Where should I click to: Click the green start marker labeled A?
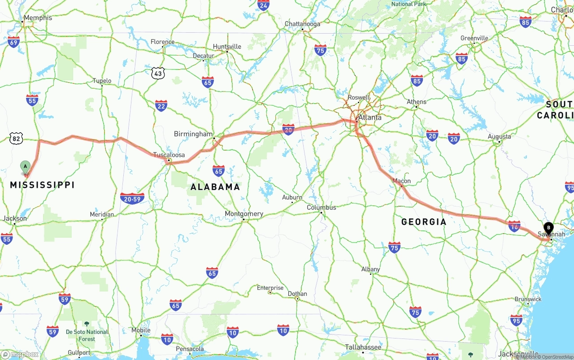(26, 167)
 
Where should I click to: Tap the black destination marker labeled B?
(548, 228)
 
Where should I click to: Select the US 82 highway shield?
(16, 139)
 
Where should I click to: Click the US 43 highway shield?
(158, 73)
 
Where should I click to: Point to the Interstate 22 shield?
(161, 106)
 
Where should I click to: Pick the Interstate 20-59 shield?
(132, 198)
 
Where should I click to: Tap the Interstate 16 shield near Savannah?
(514, 226)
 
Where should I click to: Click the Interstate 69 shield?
(13, 42)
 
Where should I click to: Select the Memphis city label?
(38, 18)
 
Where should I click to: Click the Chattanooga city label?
(303, 24)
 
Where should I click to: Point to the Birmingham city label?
(193, 134)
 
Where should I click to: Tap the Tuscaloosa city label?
(169, 155)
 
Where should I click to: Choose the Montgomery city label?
(244, 214)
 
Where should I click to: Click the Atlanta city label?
(370, 117)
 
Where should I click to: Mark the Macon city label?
(401, 181)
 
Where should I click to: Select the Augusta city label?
(499, 136)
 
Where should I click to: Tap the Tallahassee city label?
(363, 347)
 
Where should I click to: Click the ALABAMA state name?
(215, 187)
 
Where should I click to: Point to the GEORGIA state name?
(424, 221)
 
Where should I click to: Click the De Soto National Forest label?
(87, 335)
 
